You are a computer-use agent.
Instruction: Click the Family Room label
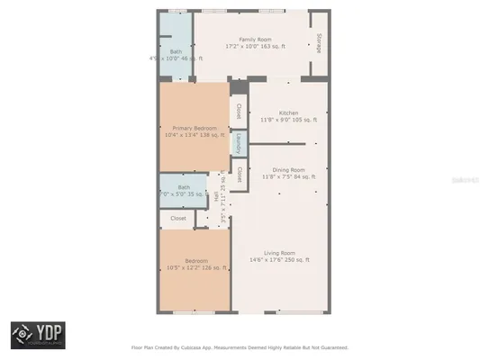pos(255,40)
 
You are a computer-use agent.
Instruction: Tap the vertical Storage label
pos(319,42)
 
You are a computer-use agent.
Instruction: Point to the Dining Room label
pos(288,169)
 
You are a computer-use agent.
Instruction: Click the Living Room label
pos(279,253)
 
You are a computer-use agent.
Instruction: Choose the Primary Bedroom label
pos(195,129)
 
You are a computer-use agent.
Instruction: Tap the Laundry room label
pos(239,143)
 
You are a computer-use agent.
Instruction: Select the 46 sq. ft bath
pos(176,52)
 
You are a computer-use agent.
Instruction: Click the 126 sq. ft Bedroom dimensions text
pos(195,267)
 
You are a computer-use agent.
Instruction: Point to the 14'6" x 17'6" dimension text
pos(279,260)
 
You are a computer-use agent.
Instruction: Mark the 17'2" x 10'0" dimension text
pos(255,47)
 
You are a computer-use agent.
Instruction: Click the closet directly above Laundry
pos(239,112)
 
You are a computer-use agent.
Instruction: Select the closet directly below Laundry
pos(239,173)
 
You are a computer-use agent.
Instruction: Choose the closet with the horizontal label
pos(178,218)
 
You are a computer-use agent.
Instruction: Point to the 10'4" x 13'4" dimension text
pos(195,136)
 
